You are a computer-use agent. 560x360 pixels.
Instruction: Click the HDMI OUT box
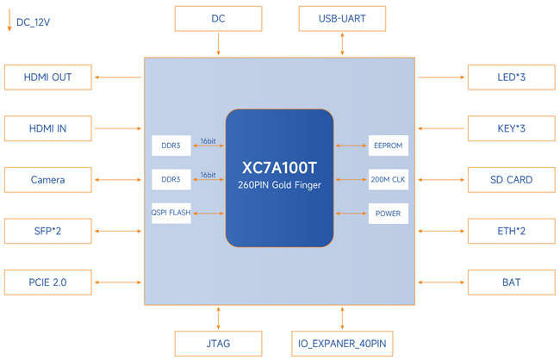[x=48, y=78]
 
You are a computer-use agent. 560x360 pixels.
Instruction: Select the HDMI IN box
[x=48, y=128]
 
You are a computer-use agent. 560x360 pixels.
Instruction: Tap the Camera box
[x=48, y=180]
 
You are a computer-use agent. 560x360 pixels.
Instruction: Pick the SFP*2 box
[x=48, y=231]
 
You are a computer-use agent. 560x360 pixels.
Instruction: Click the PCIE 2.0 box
[x=48, y=282]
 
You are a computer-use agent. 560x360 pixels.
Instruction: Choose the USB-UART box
[x=342, y=19]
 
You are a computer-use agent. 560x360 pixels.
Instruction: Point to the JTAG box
[x=218, y=344]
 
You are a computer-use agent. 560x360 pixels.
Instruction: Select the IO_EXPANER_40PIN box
[x=342, y=344]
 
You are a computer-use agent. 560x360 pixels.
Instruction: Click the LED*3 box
[x=512, y=78]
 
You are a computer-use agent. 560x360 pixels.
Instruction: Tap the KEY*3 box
[x=512, y=128]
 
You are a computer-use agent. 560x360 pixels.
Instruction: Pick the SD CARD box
[x=512, y=180]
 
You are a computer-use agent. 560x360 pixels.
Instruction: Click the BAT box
[x=512, y=282]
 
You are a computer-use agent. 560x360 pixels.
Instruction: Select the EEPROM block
[x=389, y=146]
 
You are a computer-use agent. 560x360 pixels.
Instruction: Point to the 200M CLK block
[x=389, y=179]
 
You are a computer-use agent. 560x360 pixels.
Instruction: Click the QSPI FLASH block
[x=171, y=214]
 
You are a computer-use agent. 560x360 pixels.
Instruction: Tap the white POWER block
[x=389, y=214]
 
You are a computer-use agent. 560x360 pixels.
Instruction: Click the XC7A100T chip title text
[x=279, y=168]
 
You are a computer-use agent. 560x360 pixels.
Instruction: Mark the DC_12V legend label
[x=34, y=22]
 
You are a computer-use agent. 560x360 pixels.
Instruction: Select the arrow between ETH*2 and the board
[x=441, y=231]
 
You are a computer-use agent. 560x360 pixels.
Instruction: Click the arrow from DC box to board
[x=218, y=44]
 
